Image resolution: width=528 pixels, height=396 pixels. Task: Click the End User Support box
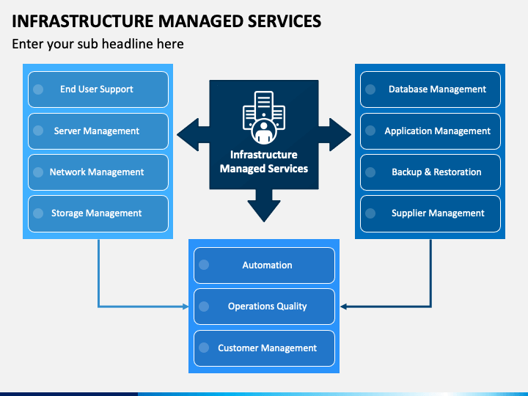[98, 89]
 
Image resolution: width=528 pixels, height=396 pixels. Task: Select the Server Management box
[98, 131]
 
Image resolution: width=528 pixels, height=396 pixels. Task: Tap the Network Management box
[98, 172]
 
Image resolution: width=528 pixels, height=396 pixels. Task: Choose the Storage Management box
[98, 213]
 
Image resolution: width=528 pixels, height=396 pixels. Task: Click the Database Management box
[430, 89]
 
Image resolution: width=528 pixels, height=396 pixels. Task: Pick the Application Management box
[430, 131]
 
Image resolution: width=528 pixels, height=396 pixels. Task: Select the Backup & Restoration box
[430, 172]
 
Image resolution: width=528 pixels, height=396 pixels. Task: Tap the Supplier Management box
[430, 213]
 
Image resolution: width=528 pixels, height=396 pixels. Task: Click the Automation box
[264, 265]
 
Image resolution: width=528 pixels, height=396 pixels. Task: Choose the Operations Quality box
[264, 307]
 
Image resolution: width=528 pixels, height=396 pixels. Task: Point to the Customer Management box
[264, 348]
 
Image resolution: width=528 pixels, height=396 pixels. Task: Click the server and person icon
[264, 117]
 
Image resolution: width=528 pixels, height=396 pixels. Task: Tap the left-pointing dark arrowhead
[188, 135]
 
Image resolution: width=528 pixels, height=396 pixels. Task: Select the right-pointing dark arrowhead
[340, 135]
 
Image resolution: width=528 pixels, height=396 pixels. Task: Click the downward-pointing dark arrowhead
[264, 210]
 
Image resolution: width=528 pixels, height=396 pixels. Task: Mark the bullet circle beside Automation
[204, 265]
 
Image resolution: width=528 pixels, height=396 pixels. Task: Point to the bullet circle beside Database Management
[370, 89]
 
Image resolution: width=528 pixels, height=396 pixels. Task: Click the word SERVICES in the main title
[285, 21]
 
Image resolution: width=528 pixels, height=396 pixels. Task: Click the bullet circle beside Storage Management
[38, 213]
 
